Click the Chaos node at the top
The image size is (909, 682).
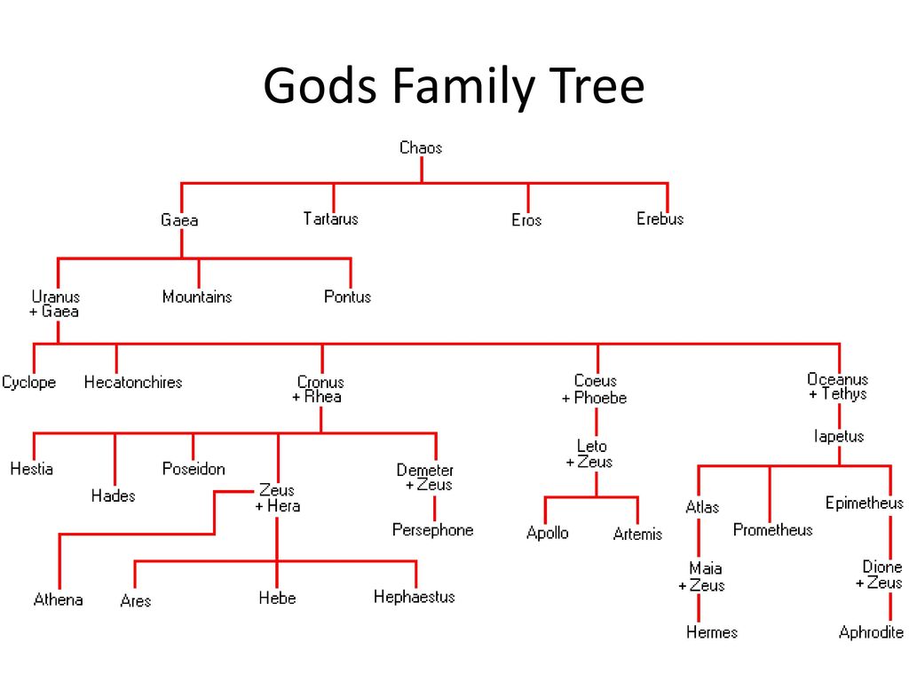421,147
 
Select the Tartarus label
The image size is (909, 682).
330,218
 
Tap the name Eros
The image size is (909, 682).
526,220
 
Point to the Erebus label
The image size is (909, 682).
660,218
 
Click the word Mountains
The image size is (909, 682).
197,297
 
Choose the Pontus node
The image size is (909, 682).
347,297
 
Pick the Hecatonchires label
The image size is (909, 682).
133,383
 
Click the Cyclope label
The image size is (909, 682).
28,383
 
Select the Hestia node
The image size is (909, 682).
32,469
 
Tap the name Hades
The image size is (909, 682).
114,496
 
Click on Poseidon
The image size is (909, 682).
194,469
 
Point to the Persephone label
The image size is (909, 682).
433,530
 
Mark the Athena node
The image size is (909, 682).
59,599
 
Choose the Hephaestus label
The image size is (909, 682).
414,597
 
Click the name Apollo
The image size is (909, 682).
548,534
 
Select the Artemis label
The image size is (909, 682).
637,535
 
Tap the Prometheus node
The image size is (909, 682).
772,530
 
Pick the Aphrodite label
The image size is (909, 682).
872,633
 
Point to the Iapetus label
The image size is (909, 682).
839,436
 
